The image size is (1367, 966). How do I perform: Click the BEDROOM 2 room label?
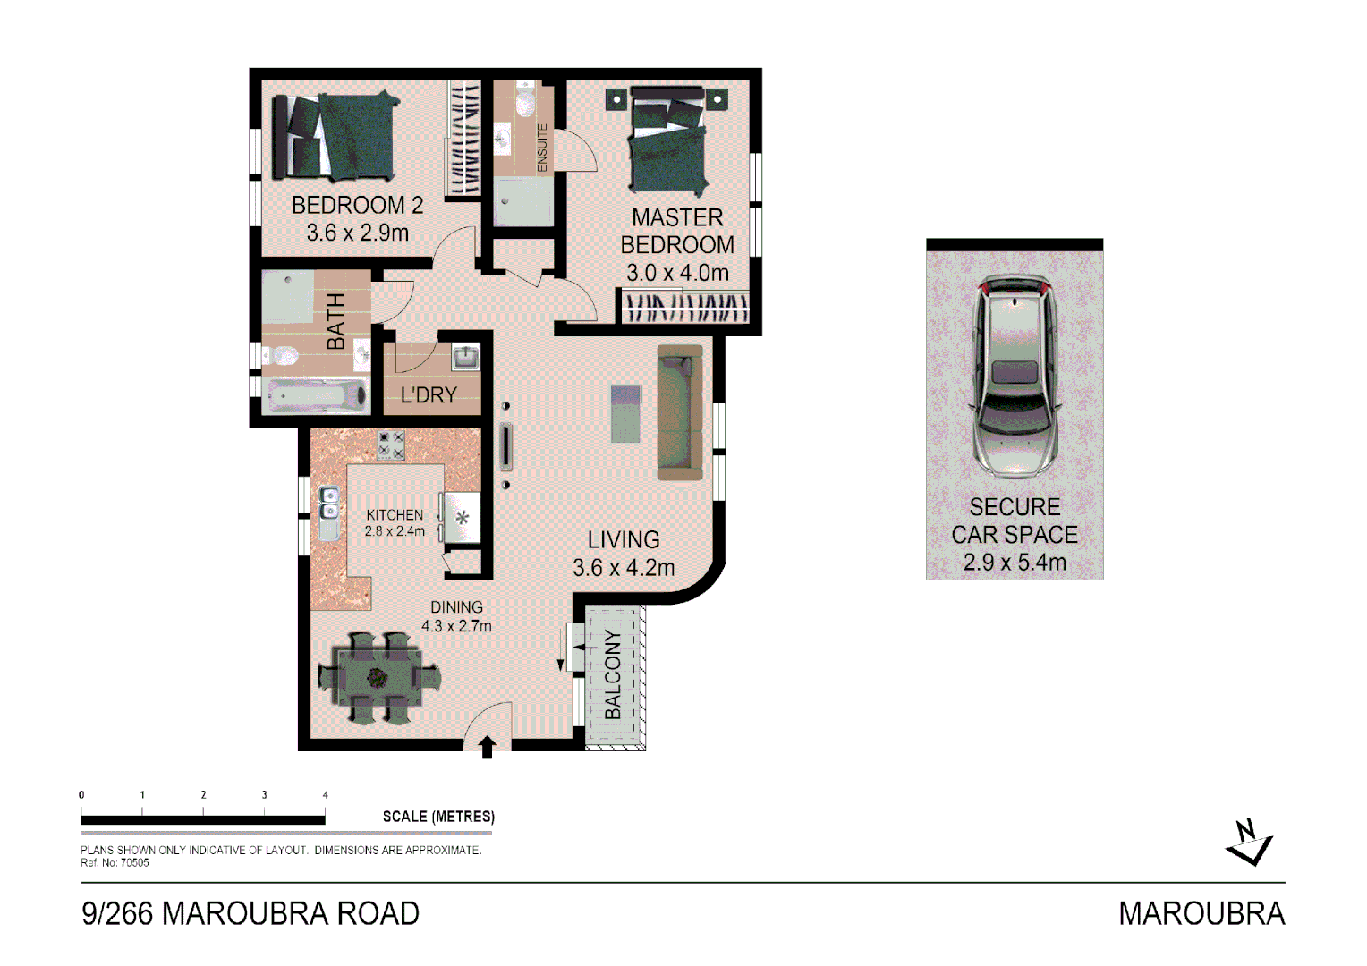[x=357, y=205]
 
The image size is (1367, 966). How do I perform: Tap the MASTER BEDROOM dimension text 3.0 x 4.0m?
[x=677, y=272]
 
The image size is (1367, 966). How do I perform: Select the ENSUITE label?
[x=542, y=148]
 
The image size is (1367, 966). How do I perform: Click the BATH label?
[x=335, y=321]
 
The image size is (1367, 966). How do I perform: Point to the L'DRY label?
[x=429, y=394]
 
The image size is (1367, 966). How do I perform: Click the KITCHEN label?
[x=395, y=514]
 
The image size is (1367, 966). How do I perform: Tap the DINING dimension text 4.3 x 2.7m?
[x=456, y=626]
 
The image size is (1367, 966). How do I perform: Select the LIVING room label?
[x=624, y=539]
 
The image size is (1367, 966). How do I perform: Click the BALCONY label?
[x=613, y=674]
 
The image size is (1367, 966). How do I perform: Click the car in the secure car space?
[x=1015, y=376]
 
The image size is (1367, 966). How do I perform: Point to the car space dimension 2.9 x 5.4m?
[x=1015, y=563]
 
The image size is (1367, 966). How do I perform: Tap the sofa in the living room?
[x=680, y=412]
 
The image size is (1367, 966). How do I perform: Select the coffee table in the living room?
[x=626, y=413]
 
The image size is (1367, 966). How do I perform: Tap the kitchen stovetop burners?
[x=391, y=445]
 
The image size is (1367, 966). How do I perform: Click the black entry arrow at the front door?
[x=488, y=748]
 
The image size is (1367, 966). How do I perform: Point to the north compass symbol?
[x=1248, y=843]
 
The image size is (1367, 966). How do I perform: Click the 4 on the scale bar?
[x=326, y=794]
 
